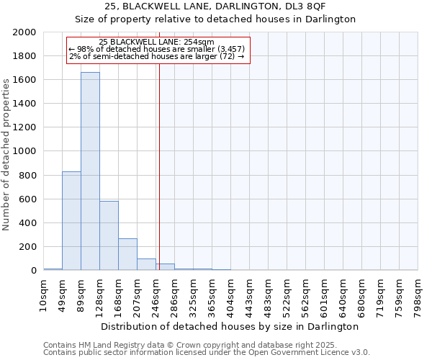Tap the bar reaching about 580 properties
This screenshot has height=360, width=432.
click(109, 235)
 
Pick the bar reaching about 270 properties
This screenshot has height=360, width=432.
click(127, 254)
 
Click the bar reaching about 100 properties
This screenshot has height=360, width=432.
click(146, 264)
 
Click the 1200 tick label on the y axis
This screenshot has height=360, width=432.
click(25, 127)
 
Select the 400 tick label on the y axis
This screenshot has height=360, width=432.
click(28, 223)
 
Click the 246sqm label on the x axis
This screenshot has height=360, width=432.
click(156, 292)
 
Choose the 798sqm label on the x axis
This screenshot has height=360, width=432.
click(418, 292)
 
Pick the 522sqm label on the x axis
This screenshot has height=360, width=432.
click(287, 292)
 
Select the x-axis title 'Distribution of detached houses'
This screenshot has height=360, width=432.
click(230, 326)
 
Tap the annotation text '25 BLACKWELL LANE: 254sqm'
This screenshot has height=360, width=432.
click(156, 42)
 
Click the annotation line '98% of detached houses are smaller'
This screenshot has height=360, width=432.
click(156, 49)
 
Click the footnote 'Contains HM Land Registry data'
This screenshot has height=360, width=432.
click(206, 345)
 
